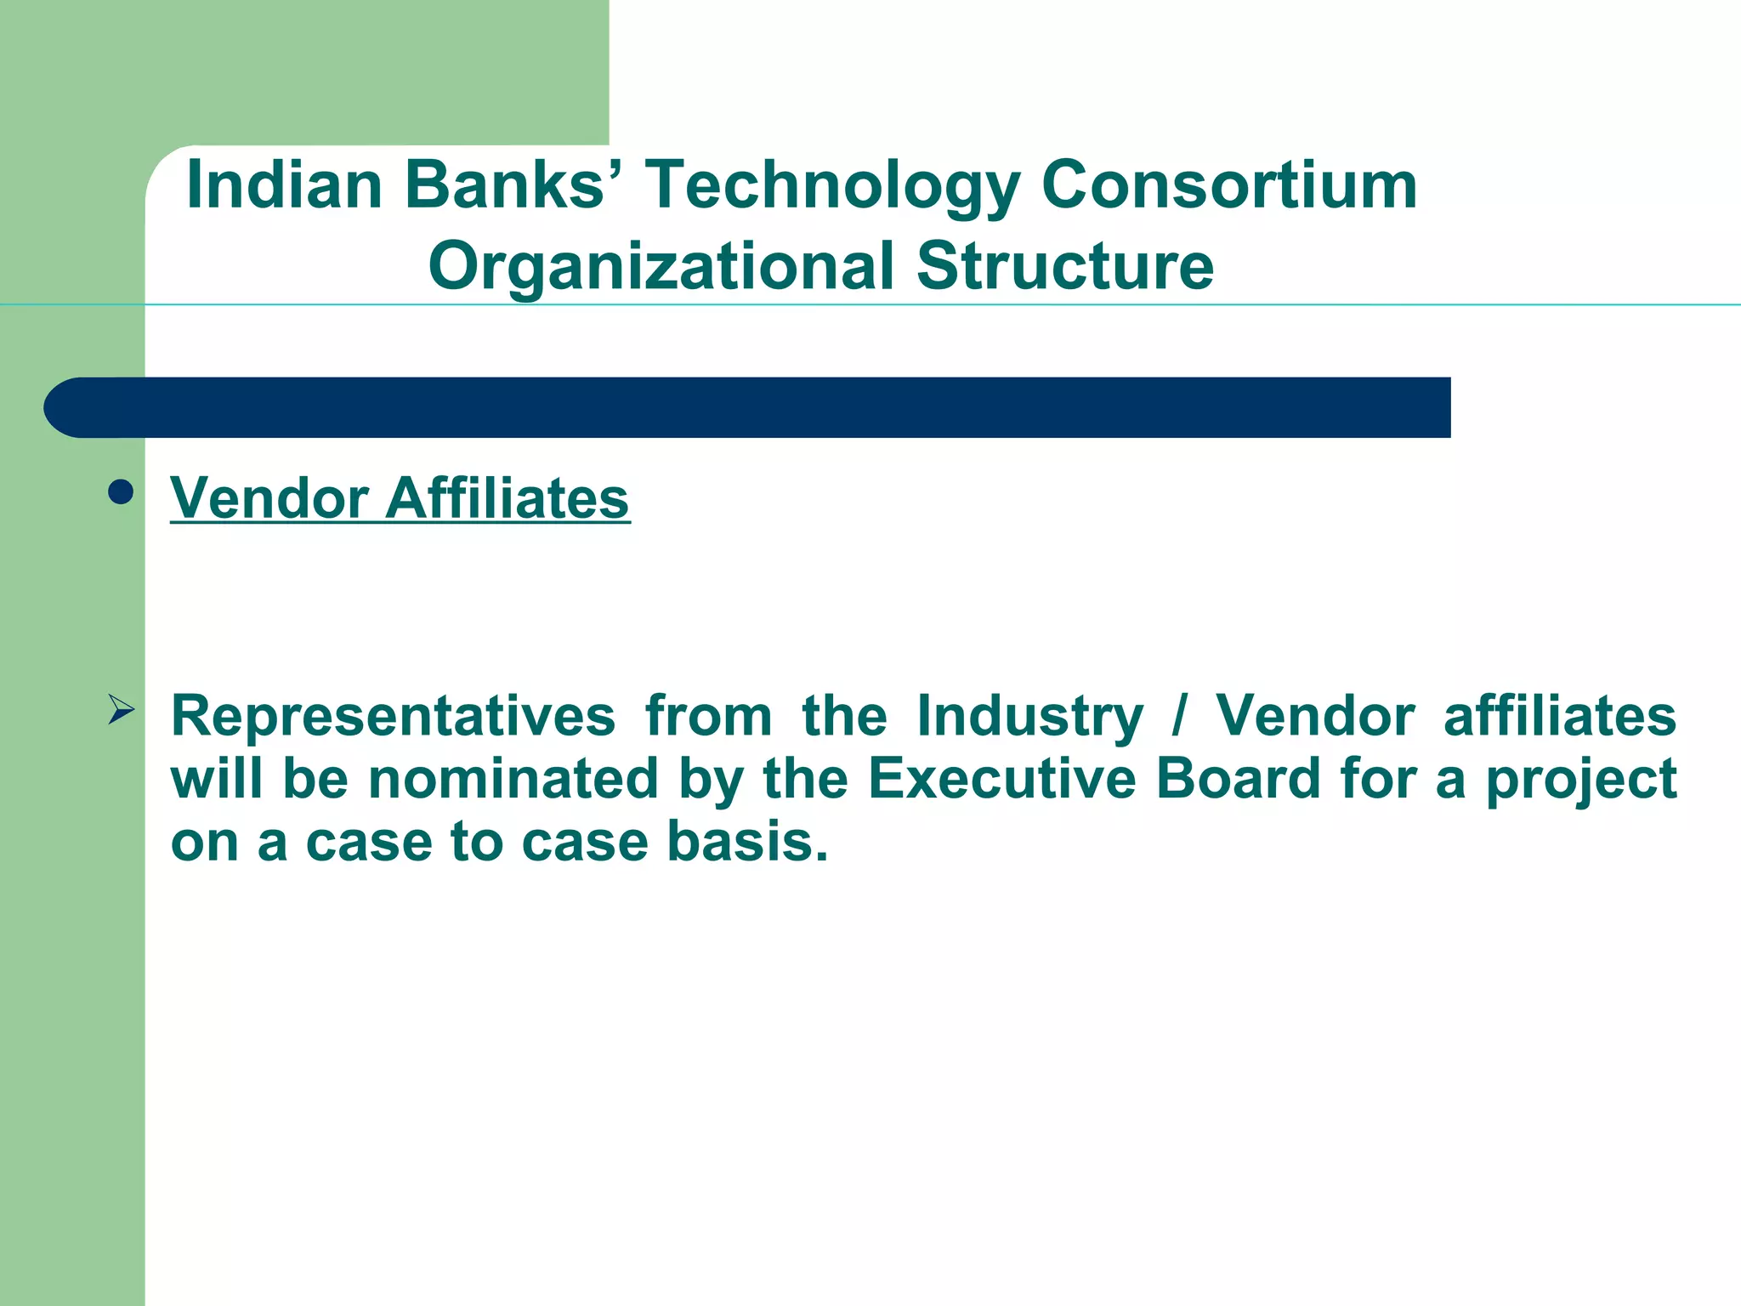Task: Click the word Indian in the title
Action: tap(284, 185)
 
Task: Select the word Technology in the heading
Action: tap(832, 185)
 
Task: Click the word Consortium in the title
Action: tap(1228, 185)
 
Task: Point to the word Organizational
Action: tap(661, 267)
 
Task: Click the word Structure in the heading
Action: tap(1064, 267)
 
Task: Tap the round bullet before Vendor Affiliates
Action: tap(122, 492)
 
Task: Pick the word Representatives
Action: tap(393, 716)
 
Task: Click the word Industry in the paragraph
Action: tap(1029, 716)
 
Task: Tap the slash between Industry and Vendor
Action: tap(1178, 716)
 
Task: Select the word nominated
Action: tap(513, 779)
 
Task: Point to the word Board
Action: tap(1238, 779)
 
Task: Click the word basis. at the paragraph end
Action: tap(746, 842)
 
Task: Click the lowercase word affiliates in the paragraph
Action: tap(1559, 716)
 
